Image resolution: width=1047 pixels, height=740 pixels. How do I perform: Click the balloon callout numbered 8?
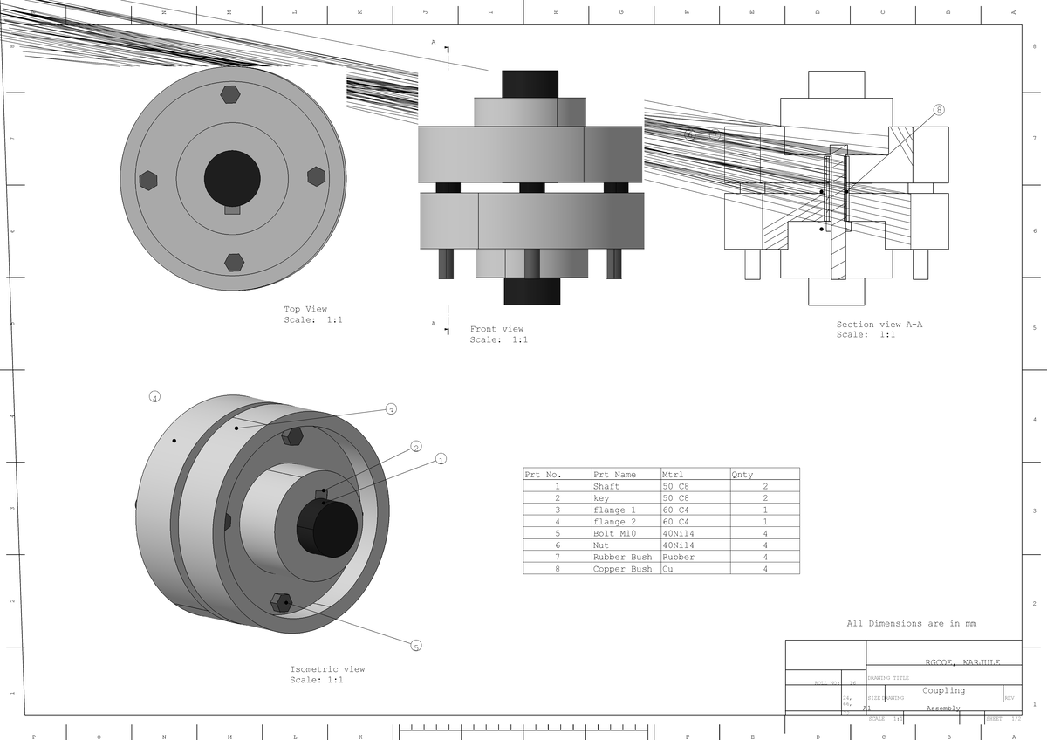click(939, 110)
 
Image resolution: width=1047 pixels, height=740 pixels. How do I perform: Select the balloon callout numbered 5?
click(416, 647)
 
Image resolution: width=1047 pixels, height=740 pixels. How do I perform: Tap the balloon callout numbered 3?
click(391, 409)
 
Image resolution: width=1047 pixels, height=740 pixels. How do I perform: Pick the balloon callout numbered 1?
click(441, 459)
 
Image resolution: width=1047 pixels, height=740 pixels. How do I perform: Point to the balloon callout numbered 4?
click(154, 397)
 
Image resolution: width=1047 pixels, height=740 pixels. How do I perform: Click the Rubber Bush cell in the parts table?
click(622, 557)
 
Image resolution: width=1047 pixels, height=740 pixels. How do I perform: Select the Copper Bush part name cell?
click(622, 569)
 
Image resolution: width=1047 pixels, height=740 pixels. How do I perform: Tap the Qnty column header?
click(742, 475)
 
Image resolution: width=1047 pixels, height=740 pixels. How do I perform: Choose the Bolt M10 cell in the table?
click(615, 533)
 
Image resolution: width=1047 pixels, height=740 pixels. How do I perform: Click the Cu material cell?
click(668, 569)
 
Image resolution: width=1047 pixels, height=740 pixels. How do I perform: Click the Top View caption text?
click(305, 310)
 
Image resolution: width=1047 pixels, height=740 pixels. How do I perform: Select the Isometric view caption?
click(327, 669)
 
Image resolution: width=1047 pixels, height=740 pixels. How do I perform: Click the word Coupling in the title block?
click(943, 690)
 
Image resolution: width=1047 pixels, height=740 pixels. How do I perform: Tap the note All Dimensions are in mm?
click(911, 624)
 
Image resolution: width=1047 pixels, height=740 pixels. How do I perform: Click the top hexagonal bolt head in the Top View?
click(230, 94)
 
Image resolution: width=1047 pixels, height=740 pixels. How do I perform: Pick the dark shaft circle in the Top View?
click(232, 178)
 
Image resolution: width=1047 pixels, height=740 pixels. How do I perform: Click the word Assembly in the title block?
click(943, 709)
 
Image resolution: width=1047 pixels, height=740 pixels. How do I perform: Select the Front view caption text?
click(496, 329)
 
